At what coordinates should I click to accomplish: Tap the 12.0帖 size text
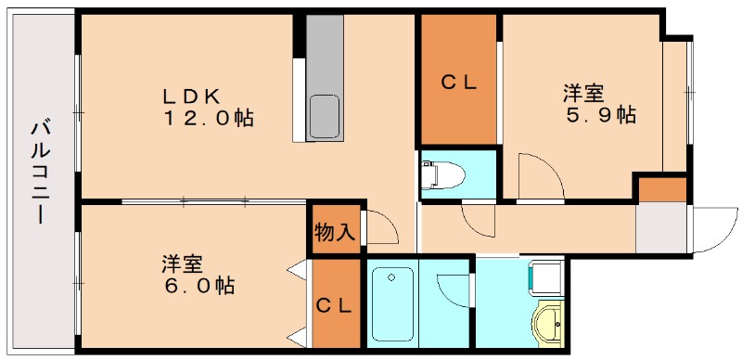pos(210,119)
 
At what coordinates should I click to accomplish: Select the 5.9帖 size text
pos(601,116)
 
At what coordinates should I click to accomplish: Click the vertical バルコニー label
pos(39,171)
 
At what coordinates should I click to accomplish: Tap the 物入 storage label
pos(334,232)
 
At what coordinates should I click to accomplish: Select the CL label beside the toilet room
pos(458,82)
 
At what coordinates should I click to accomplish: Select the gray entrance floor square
pos(660,227)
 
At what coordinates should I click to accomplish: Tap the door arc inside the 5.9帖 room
pos(537,176)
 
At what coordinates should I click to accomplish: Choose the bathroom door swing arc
pos(452,288)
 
